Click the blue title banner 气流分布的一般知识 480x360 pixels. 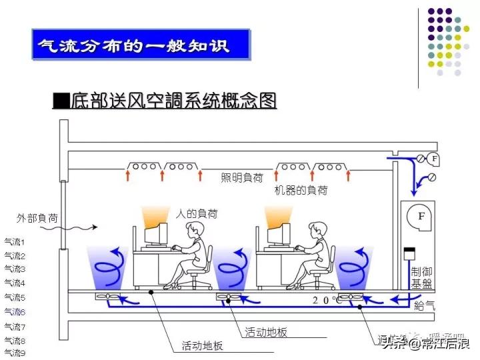point(141,45)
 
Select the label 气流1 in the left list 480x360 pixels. point(15,241)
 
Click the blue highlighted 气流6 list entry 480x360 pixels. point(15,311)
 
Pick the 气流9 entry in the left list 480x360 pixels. point(15,353)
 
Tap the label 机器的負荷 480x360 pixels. point(301,190)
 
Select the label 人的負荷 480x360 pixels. point(196,214)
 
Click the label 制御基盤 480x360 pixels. point(424,279)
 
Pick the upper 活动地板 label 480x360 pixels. point(266,331)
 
